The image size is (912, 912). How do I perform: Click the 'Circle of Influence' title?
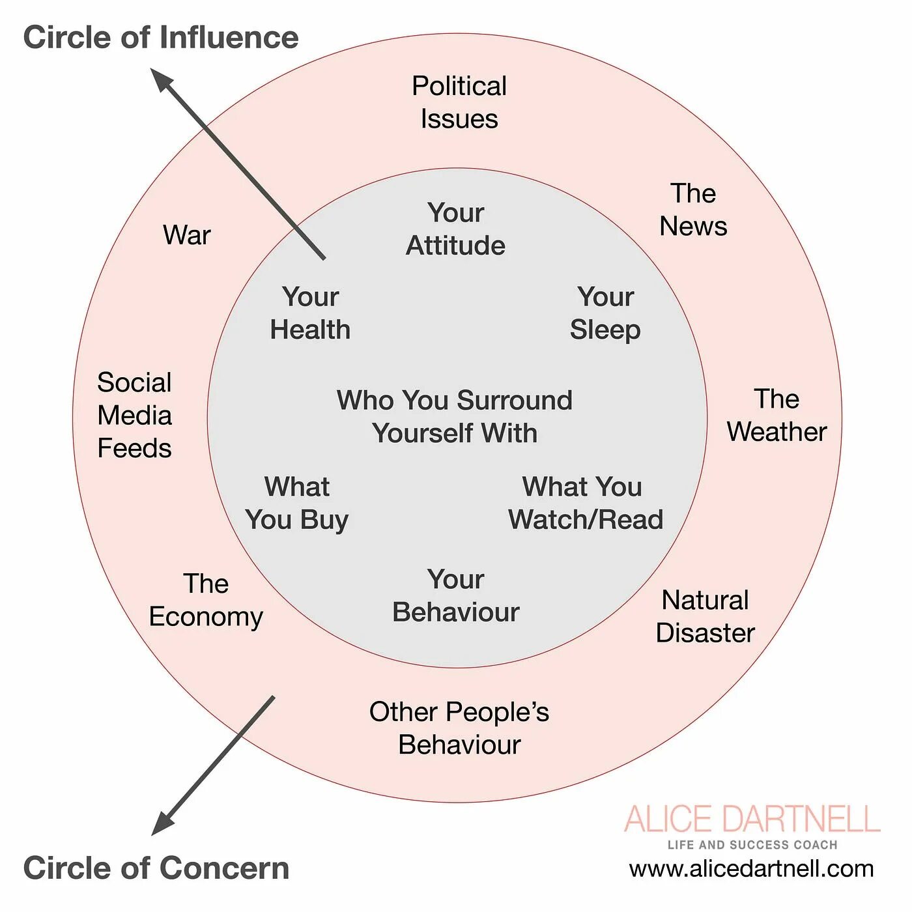(160, 37)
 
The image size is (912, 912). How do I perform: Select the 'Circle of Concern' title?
(156, 868)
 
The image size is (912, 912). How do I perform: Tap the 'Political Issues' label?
(459, 102)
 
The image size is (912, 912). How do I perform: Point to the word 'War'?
(187, 235)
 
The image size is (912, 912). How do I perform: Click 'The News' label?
(693, 210)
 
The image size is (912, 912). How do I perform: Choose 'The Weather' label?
(777, 415)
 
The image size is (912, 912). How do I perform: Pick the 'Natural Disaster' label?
(705, 616)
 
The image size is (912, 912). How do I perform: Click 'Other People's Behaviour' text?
(459, 728)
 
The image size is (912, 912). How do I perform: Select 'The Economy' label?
(206, 600)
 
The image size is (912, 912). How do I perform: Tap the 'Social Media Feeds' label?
(134, 415)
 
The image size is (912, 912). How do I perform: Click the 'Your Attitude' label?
(456, 229)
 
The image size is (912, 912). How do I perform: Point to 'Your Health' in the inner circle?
(310, 313)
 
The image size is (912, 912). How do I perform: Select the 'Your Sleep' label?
(605, 313)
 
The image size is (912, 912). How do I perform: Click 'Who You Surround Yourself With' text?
(455, 417)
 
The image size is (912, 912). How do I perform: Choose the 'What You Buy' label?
(297, 504)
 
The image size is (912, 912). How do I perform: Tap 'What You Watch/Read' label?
(585, 504)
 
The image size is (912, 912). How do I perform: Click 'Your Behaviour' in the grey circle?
(456, 596)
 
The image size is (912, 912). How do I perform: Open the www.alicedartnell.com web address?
(751, 869)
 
